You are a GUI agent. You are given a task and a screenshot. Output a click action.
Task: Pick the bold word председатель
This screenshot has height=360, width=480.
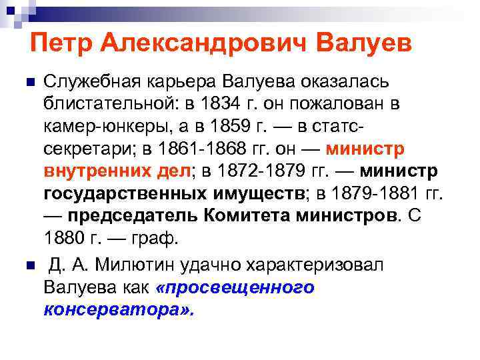pyautogui.click(x=136, y=215)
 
